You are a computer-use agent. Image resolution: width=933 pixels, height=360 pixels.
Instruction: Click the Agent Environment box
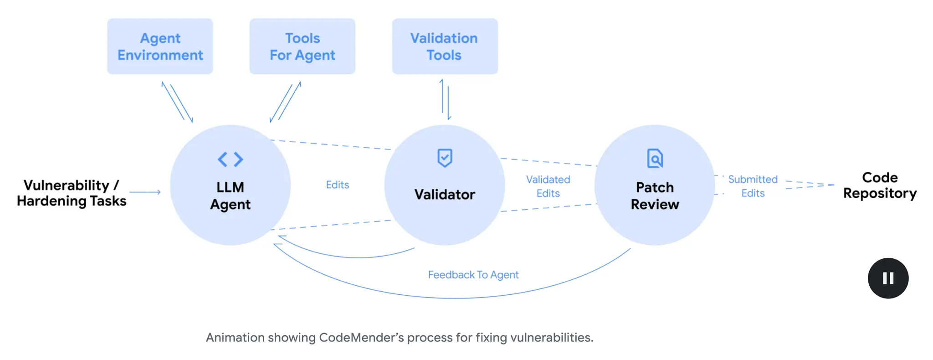(x=160, y=46)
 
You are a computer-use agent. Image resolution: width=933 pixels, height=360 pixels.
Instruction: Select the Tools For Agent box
(x=302, y=46)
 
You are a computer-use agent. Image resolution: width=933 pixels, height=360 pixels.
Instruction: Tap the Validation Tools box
(x=445, y=46)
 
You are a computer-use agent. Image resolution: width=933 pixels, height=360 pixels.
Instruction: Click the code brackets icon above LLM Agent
(x=231, y=159)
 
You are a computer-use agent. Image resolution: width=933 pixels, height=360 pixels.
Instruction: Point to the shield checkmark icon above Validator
(x=445, y=158)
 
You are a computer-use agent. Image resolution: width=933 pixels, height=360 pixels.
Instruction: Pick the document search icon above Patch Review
(x=655, y=159)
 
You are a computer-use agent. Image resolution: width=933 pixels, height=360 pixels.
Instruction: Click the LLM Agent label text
(x=231, y=195)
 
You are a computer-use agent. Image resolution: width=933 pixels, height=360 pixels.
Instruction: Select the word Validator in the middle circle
(x=445, y=195)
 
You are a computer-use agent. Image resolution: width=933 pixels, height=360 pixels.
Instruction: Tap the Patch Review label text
(x=655, y=195)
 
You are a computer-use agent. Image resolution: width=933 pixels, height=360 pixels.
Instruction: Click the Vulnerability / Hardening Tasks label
(x=72, y=193)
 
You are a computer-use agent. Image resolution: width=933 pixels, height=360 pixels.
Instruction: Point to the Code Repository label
(x=880, y=185)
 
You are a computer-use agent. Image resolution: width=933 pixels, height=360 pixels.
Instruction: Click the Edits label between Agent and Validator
(x=338, y=185)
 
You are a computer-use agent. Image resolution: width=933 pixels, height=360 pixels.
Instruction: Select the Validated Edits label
(x=548, y=186)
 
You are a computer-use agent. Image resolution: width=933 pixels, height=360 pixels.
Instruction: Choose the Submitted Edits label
(x=753, y=186)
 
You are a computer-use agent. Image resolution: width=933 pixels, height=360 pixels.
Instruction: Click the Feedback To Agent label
(x=473, y=275)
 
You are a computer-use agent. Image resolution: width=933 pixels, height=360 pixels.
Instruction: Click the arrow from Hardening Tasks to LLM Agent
(x=145, y=192)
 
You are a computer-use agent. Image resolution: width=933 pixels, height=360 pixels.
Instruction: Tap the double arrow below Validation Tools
(x=445, y=100)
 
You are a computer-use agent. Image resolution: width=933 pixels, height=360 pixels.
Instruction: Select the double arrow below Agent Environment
(x=177, y=102)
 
